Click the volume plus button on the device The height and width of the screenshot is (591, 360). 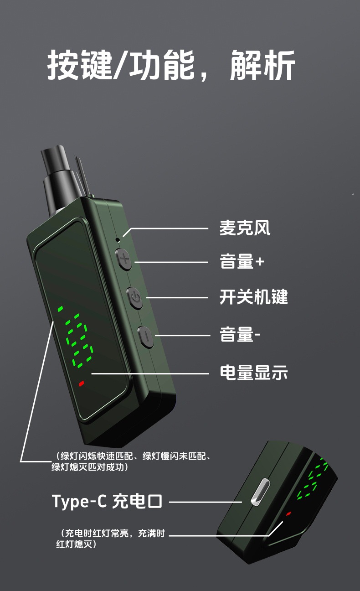click(124, 259)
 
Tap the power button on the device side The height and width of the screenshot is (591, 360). click(135, 298)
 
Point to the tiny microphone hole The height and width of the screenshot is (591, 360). click(118, 240)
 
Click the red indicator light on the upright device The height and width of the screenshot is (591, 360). click(82, 383)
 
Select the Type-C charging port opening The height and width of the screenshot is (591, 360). click(260, 492)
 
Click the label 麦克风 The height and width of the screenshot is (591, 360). click(245, 228)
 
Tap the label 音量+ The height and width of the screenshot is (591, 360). click(242, 261)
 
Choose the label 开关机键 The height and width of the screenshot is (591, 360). click(253, 297)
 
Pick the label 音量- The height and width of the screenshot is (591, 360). click(240, 334)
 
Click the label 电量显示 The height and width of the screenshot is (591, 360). click(253, 373)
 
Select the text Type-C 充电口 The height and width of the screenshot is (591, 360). click(107, 501)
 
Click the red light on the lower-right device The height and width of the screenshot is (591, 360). click(288, 513)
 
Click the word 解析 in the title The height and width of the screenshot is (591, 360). click(262, 65)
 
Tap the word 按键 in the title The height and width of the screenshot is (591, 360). click(80, 65)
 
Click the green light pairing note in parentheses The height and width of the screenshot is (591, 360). click(131, 461)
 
